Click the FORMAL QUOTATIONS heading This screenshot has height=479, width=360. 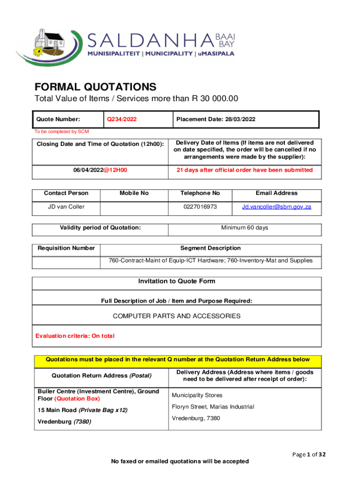click(95, 87)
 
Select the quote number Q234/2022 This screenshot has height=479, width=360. click(122, 119)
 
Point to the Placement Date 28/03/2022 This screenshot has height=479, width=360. click(216, 119)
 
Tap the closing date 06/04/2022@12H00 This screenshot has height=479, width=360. click(101, 170)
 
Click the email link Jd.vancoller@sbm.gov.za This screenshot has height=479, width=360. click(276, 206)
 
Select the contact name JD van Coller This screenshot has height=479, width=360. click(66, 206)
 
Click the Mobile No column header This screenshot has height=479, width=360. click(134, 193)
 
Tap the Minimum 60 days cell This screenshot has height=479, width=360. click(245, 228)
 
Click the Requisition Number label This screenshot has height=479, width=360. click(66, 248)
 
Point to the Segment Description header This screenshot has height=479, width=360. click(210, 248)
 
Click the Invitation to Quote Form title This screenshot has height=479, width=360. click(177, 282)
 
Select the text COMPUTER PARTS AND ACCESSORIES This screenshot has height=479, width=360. click(177, 316)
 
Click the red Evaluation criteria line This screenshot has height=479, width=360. click(75, 336)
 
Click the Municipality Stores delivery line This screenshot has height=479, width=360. click(197, 395)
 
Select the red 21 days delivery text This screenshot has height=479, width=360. click(245, 170)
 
